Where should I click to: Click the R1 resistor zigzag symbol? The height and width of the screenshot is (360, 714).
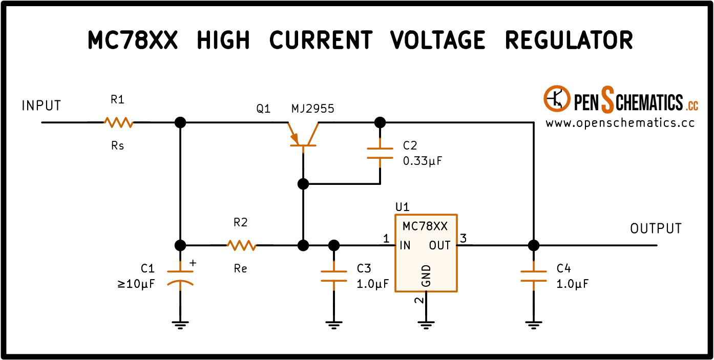tap(119, 122)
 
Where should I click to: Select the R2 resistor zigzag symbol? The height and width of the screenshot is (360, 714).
tap(241, 245)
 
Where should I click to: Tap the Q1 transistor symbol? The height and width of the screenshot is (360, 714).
tap(303, 135)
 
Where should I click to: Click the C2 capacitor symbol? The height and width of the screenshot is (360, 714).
tap(380, 153)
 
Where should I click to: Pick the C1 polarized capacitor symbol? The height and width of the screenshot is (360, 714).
tap(180, 277)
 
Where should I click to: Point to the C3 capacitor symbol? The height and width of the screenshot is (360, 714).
tap(334, 276)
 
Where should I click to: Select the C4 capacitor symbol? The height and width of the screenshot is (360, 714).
tap(534, 276)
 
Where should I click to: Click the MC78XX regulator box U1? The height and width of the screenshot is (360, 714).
tap(426, 253)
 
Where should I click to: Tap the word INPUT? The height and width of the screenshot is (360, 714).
tap(41, 106)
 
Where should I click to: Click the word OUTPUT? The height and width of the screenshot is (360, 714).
tap(656, 229)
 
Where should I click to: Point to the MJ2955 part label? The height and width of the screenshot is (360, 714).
tap(312, 109)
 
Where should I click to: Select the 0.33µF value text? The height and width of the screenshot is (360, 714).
tap(423, 161)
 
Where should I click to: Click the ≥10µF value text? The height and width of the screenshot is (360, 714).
tap(136, 284)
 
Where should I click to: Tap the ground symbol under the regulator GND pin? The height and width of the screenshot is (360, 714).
tap(426, 325)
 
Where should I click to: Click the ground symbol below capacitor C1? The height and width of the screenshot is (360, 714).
tap(180, 325)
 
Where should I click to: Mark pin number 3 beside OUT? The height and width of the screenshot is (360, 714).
tap(464, 238)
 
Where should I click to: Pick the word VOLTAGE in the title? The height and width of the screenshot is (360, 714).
tap(437, 40)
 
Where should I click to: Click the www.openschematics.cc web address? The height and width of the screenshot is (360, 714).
tap(620, 123)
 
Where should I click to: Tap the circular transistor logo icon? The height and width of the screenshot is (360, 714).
tap(557, 99)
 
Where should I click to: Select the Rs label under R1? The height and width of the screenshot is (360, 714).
tap(117, 146)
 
